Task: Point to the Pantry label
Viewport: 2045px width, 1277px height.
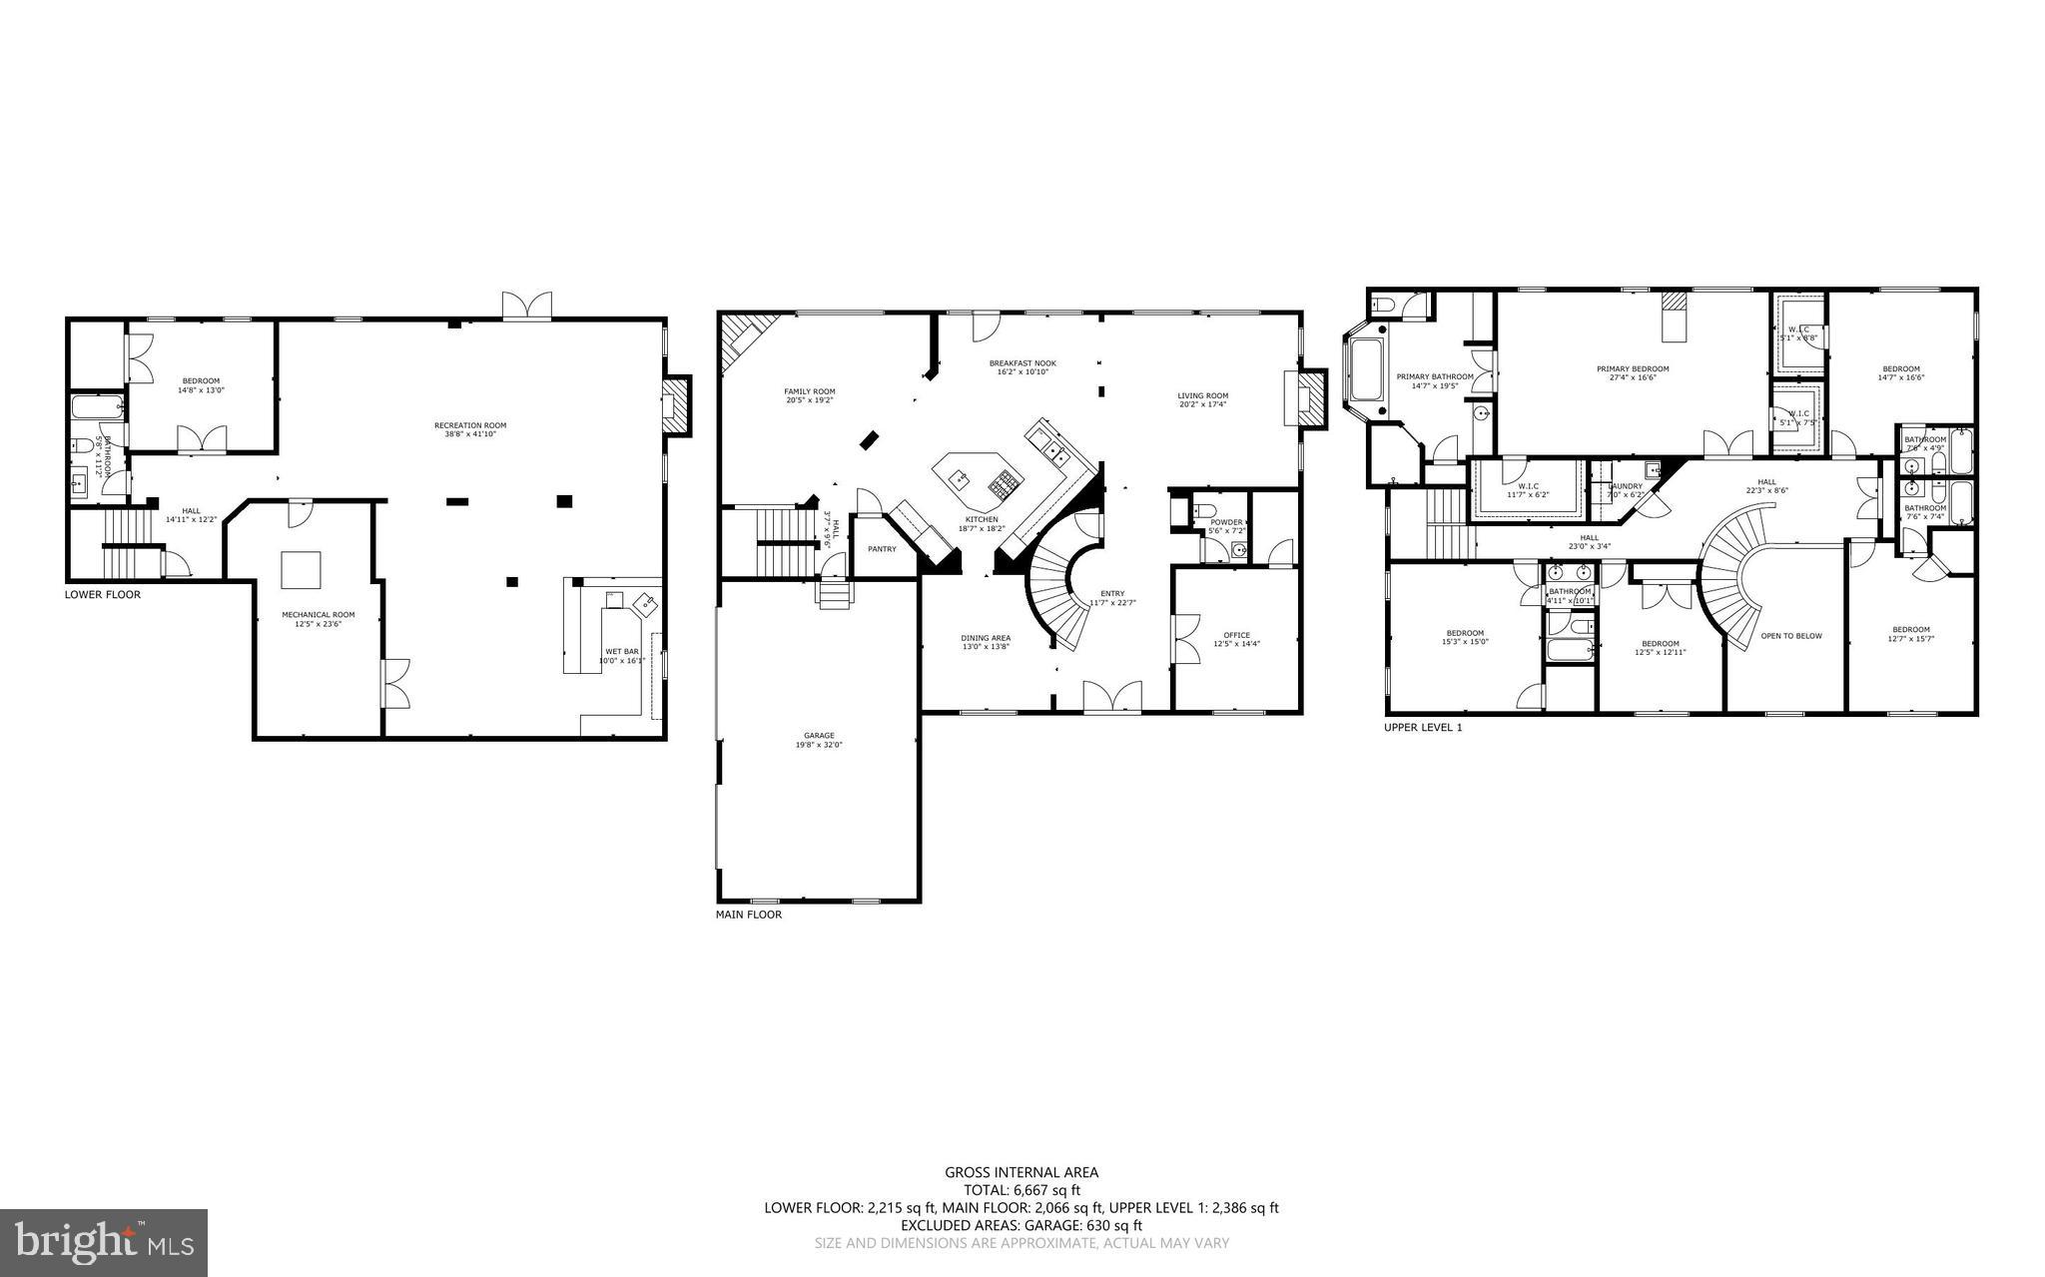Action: pos(882,549)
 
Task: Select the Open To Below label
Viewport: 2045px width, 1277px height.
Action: pos(1791,636)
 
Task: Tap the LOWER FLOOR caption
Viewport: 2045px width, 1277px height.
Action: pos(103,595)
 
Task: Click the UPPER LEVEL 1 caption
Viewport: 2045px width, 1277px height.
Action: pos(1422,728)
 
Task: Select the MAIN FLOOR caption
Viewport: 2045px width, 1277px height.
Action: pos(749,915)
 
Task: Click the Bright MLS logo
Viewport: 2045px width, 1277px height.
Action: pos(103,1241)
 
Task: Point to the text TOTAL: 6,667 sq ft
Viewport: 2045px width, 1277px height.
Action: pos(1022,1190)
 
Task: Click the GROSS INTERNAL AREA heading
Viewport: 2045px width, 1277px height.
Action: pos(1022,1173)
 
